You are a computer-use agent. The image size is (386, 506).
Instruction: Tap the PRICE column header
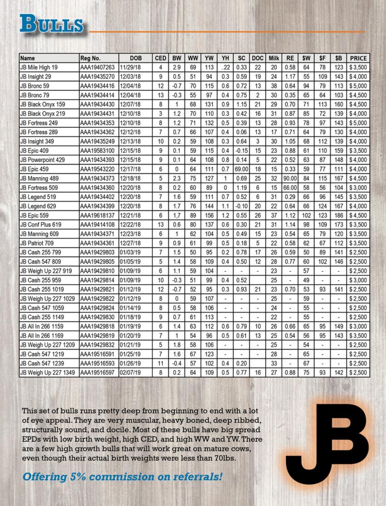coord(358,58)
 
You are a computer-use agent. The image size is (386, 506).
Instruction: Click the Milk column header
coord(274,58)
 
